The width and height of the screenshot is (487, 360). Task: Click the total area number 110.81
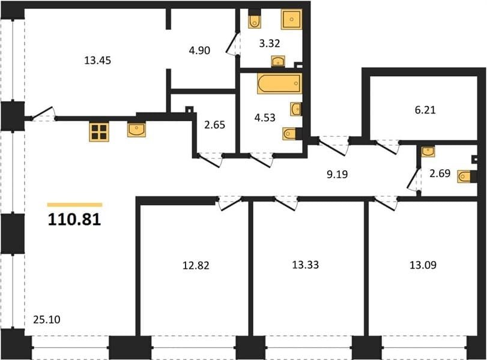pyautogui.click(x=74, y=220)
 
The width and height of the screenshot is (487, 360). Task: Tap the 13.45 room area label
pyautogui.click(x=97, y=60)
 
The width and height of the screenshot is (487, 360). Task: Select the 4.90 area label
pyautogui.click(x=199, y=50)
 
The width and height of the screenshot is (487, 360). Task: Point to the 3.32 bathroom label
pyautogui.click(x=270, y=43)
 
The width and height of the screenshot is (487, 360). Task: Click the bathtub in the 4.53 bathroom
pyautogui.click(x=279, y=83)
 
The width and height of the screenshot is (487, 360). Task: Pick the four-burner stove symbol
pyautogui.click(x=99, y=132)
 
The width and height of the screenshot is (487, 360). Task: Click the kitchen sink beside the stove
pyautogui.click(x=136, y=130)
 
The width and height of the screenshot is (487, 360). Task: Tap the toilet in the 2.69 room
pyautogui.click(x=465, y=177)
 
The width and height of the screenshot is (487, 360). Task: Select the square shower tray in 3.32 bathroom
pyautogui.click(x=292, y=19)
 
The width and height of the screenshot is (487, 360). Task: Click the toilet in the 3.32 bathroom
pyautogui.click(x=255, y=20)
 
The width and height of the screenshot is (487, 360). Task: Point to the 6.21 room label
pyautogui.click(x=425, y=110)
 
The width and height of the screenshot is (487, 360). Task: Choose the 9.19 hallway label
pyautogui.click(x=337, y=175)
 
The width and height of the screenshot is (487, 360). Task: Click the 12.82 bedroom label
pyautogui.click(x=196, y=266)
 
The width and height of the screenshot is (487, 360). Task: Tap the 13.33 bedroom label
pyautogui.click(x=305, y=265)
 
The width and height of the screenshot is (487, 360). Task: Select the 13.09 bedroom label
pyautogui.click(x=423, y=265)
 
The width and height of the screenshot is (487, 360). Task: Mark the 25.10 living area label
pyautogui.click(x=47, y=320)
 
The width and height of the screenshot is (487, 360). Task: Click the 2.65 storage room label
pyautogui.click(x=214, y=125)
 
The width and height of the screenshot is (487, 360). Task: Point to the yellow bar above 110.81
pyautogui.click(x=75, y=205)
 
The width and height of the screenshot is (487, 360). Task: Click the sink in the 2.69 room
pyautogui.click(x=428, y=151)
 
